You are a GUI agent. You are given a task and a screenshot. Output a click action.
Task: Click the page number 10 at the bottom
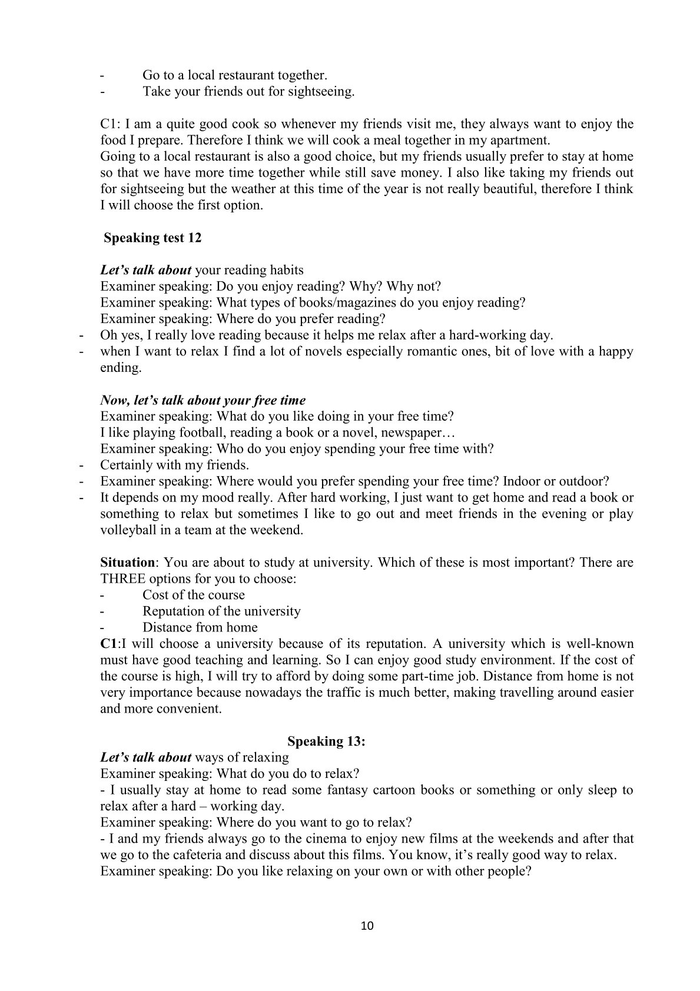click(366, 926)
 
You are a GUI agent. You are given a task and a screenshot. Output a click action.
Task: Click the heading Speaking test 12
click(152, 238)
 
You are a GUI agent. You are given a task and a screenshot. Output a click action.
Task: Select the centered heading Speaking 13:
click(326, 741)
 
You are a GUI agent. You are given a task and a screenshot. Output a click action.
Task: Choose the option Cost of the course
click(193, 594)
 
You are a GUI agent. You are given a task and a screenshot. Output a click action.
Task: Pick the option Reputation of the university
click(221, 611)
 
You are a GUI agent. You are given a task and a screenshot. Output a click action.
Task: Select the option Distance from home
click(200, 627)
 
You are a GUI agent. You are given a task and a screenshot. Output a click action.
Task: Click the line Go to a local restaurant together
click(234, 75)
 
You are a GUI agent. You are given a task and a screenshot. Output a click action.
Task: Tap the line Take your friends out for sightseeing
click(248, 92)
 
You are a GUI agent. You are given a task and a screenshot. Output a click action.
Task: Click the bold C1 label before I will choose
click(109, 644)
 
